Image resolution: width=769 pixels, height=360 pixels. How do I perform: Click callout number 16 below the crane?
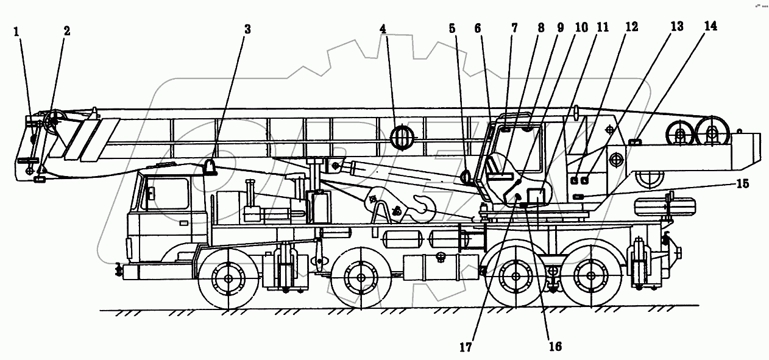point(555,346)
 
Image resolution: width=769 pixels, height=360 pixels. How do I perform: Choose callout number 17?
point(466,348)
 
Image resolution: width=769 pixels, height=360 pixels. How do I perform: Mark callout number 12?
point(631,26)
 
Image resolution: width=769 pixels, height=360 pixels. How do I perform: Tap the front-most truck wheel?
point(229,278)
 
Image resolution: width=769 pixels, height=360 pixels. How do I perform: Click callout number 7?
point(514,27)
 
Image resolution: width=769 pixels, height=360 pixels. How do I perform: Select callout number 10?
point(581,27)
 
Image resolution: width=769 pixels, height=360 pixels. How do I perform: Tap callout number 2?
point(66,31)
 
